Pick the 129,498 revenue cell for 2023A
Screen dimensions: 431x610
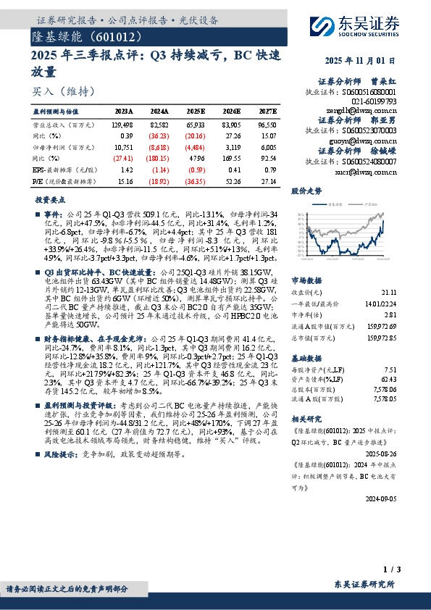pos(122,125)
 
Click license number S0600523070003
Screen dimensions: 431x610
pos(369,129)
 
